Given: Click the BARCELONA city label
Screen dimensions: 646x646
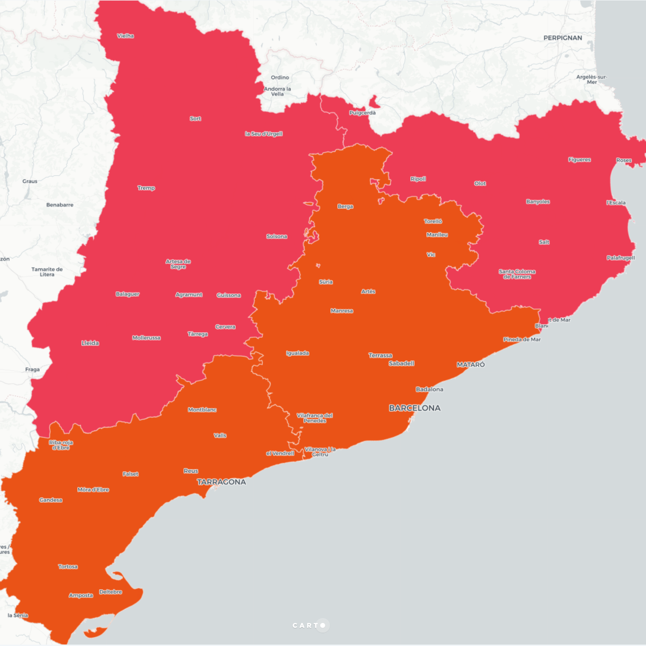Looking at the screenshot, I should [x=415, y=408].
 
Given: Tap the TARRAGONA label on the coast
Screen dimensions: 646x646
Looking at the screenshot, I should [x=221, y=482].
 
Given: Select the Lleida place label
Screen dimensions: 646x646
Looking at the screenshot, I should [x=90, y=343].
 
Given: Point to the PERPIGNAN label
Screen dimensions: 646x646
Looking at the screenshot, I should [x=563, y=38].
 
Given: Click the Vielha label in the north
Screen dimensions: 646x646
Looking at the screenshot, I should [x=125, y=36].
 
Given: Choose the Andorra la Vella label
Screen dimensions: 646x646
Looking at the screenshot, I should [x=277, y=91].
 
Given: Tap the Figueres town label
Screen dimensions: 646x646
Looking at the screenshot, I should [x=579, y=160].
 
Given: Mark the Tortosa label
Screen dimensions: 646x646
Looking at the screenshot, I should [x=68, y=566].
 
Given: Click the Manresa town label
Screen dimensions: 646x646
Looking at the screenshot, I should [x=342, y=311].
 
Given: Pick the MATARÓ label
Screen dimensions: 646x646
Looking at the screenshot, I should [x=471, y=364].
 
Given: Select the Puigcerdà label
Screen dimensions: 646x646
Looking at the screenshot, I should [x=362, y=113].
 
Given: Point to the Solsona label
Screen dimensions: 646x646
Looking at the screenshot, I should [x=277, y=236].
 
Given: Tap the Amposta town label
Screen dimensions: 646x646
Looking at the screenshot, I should [x=81, y=595].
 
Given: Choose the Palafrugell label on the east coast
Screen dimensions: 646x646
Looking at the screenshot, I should [x=620, y=258].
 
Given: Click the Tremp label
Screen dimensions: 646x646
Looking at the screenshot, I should [x=146, y=188].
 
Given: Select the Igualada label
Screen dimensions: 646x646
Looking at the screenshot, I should [x=297, y=353].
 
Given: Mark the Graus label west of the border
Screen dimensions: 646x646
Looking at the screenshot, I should [x=30, y=181].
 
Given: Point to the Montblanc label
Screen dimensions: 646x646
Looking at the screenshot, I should [x=202, y=410].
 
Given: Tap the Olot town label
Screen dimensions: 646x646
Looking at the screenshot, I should [x=480, y=183].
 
